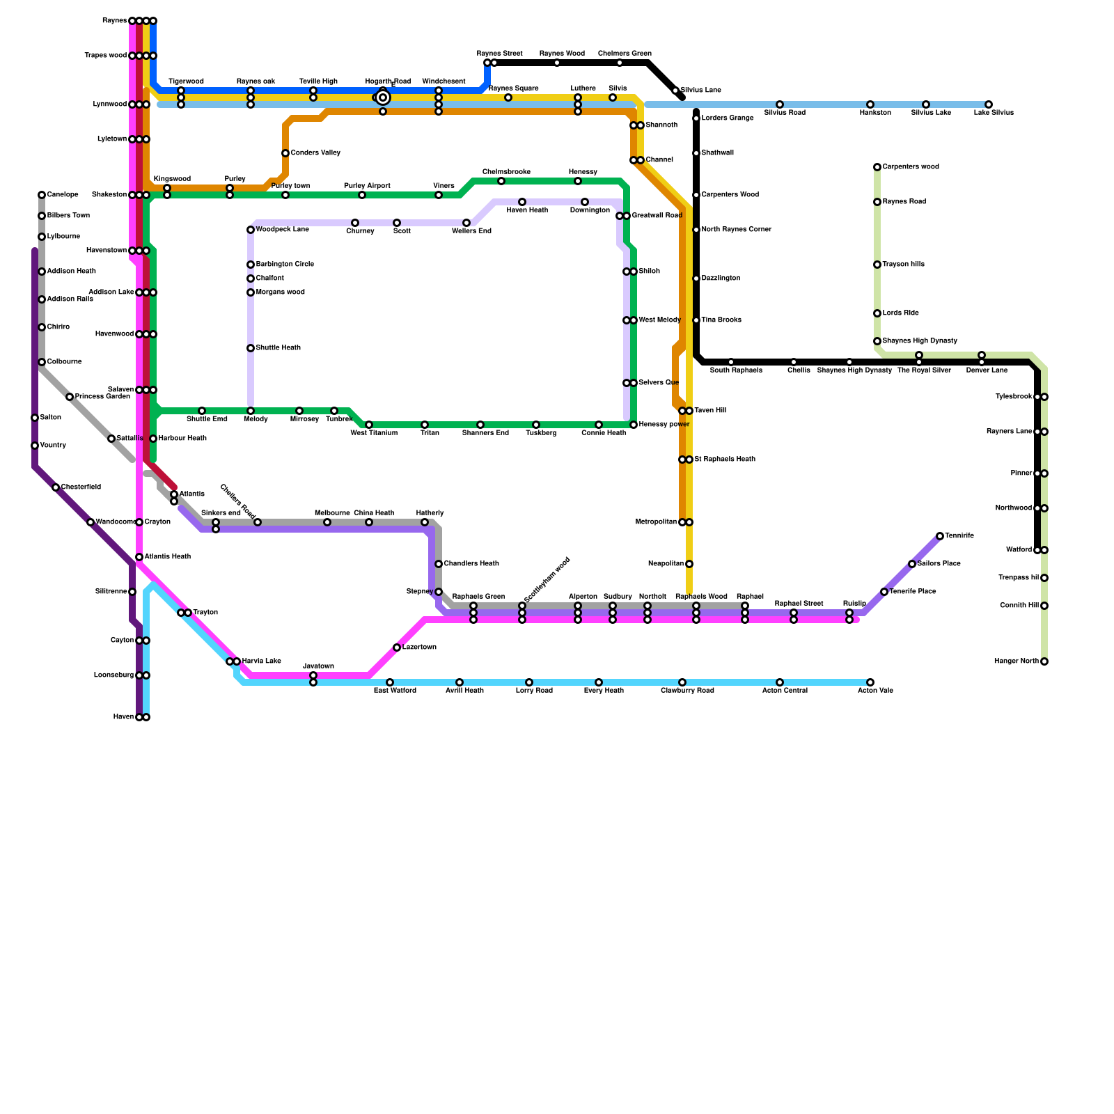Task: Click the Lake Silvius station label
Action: [994, 113]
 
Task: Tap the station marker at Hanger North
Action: [1044, 661]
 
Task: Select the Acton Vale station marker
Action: [870, 682]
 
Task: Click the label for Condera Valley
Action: [315, 153]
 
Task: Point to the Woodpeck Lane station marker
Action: [251, 230]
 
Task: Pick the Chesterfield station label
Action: [81, 487]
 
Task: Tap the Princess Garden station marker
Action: [70, 397]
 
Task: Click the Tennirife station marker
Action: [940, 536]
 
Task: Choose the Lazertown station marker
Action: [397, 648]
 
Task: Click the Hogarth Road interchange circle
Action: [383, 97]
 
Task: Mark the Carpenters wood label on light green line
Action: [911, 167]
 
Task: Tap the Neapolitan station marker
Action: [689, 564]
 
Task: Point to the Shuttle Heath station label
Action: [278, 348]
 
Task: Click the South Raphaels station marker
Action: [731, 362]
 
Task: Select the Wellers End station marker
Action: [466, 223]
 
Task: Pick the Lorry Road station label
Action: [534, 691]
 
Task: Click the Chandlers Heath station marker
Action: [439, 564]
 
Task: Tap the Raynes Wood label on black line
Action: [562, 54]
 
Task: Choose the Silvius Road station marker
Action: [780, 104]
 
